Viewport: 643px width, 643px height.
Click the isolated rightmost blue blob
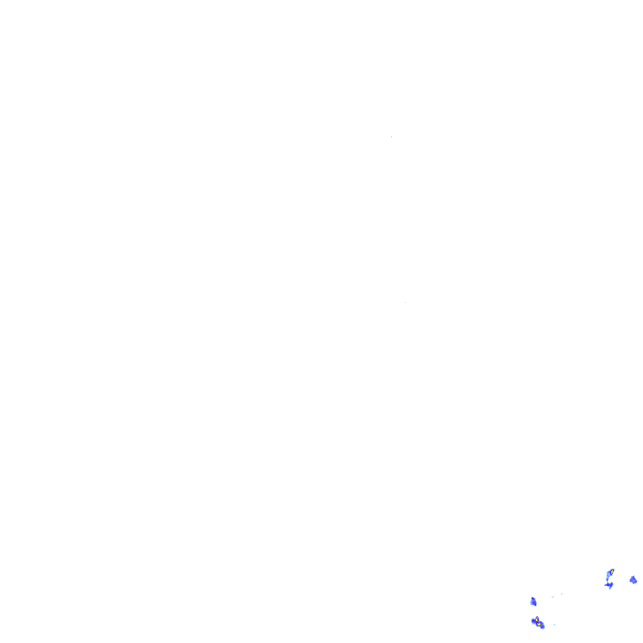(633, 579)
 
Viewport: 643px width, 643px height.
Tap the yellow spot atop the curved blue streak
(612, 572)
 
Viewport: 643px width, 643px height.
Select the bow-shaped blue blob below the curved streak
(609, 584)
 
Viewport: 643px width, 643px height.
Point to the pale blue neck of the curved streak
(607, 579)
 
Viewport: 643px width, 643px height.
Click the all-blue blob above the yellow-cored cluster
(533, 601)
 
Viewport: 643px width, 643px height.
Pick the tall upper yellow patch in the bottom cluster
(537, 620)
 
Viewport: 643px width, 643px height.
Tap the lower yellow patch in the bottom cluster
(538, 625)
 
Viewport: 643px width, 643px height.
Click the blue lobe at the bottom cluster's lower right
(543, 627)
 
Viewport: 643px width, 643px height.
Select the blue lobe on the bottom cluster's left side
(532, 620)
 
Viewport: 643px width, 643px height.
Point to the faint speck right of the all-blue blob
(553, 597)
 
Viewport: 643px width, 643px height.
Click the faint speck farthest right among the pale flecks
(562, 594)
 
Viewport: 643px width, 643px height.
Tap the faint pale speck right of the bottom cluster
(554, 625)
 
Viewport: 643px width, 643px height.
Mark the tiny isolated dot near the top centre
(391, 136)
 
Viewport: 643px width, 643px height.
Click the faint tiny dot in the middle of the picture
(405, 302)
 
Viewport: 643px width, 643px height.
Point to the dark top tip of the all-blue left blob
(532, 598)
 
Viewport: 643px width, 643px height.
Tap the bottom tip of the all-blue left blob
(536, 605)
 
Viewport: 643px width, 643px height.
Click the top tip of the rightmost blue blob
(633, 576)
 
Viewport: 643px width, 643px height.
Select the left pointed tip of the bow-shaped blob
(604, 585)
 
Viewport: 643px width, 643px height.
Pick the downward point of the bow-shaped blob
(610, 589)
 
